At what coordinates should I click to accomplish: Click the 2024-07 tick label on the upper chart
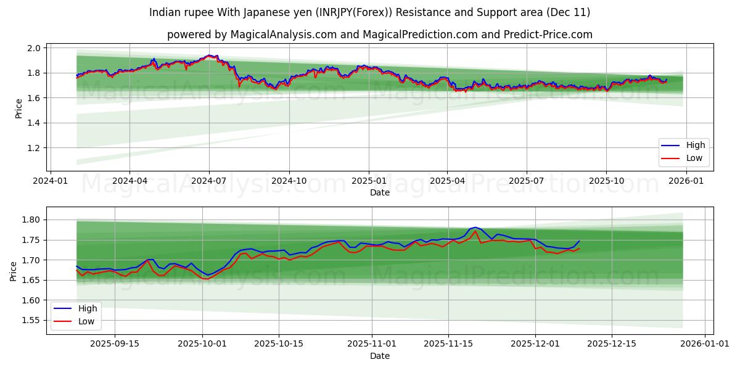(x=209, y=181)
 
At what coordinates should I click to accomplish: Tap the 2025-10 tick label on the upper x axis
(x=606, y=181)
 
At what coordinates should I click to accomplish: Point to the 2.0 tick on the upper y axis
(x=34, y=48)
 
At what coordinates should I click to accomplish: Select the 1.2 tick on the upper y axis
(x=34, y=148)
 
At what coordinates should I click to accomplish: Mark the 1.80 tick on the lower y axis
(x=31, y=220)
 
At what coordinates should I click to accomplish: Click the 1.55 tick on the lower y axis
(x=31, y=321)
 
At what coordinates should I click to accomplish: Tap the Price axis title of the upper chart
(x=18, y=109)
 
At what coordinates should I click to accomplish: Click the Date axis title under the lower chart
(x=379, y=356)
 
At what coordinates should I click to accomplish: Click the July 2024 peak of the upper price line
(x=209, y=55)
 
